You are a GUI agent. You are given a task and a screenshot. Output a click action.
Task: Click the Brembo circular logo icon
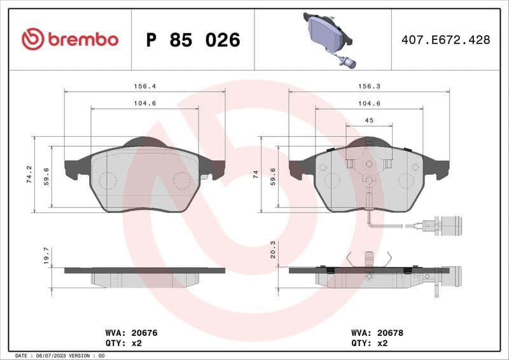click(x=32, y=39)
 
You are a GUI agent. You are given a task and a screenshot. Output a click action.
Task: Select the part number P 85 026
click(x=193, y=40)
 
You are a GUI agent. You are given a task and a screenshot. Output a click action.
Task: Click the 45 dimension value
click(x=368, y=120)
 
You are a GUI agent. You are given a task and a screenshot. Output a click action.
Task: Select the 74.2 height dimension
click(x=29, y=174)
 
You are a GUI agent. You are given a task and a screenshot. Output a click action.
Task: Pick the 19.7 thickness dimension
click(x=46, y=256)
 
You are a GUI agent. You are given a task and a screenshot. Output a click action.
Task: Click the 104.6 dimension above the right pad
click(x=369, y=102)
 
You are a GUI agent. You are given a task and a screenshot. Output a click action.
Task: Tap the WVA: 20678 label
click(x=377, y=333)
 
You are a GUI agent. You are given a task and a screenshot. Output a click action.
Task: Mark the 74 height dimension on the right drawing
click(x=255, y=174)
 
